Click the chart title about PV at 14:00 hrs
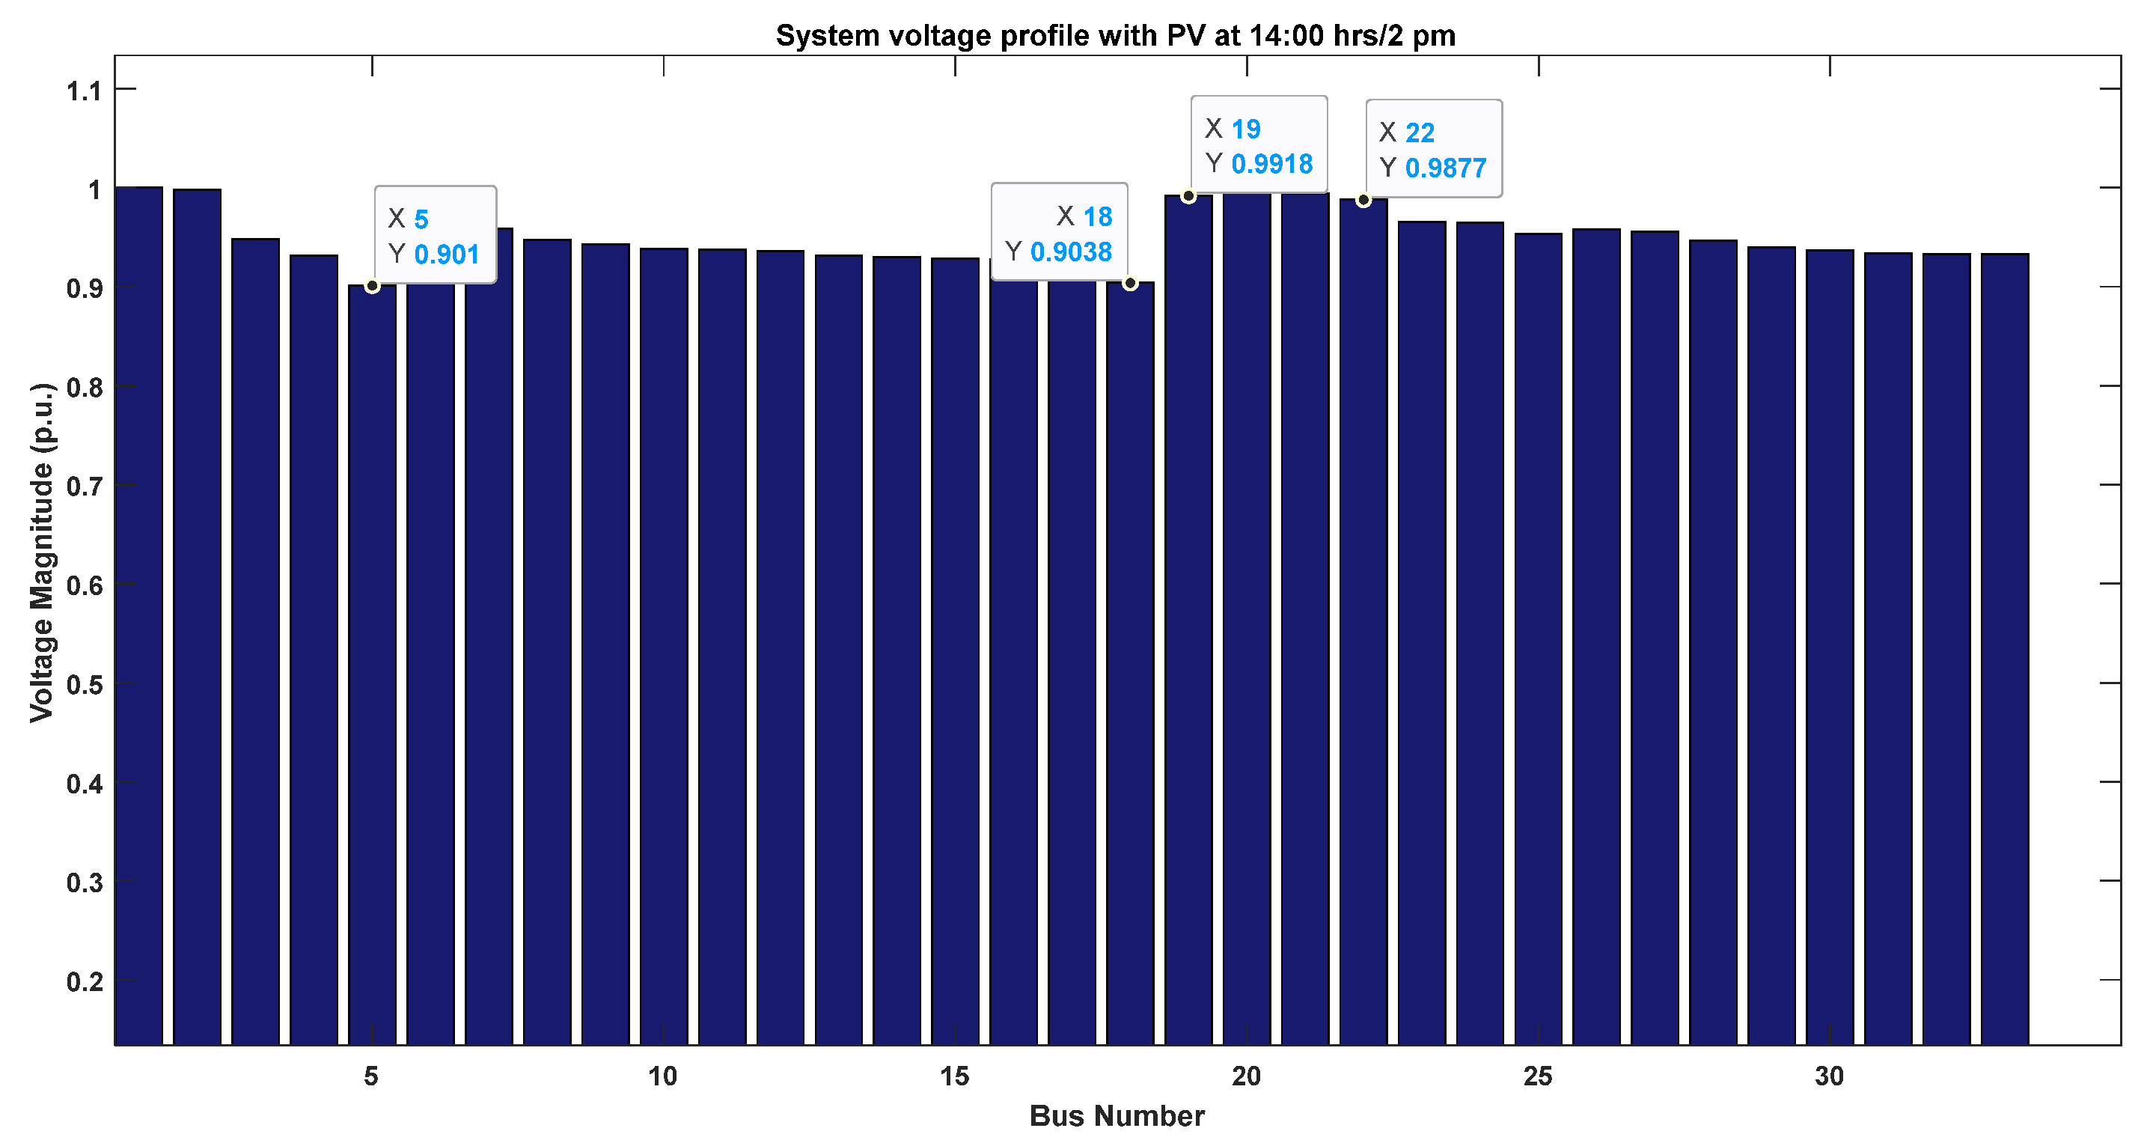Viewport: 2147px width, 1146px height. coord(1115,36)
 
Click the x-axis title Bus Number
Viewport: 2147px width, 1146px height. coord(1116,1115)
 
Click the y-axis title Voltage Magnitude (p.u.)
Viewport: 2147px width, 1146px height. coord(42,552)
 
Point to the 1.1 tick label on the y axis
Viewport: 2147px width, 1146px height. coord(83,90)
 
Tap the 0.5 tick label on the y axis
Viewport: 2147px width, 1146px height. coord(83,684)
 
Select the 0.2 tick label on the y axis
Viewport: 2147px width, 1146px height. coord(83,981)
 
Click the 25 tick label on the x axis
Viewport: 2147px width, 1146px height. coord(1538,1076)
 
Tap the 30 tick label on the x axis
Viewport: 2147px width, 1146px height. coord(1829,1076)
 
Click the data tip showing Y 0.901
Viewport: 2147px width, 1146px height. coord(435,235)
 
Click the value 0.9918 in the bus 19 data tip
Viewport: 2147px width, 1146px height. coord(1272,164)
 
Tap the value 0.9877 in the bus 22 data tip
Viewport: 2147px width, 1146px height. coord(1445,168)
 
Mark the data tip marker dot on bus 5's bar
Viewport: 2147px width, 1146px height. coord(373,286)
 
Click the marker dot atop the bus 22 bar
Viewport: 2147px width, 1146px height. coord(1363,200)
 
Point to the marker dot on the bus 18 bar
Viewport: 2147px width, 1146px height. coord(1130,284)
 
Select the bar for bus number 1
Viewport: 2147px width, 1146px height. coord(138,617)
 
